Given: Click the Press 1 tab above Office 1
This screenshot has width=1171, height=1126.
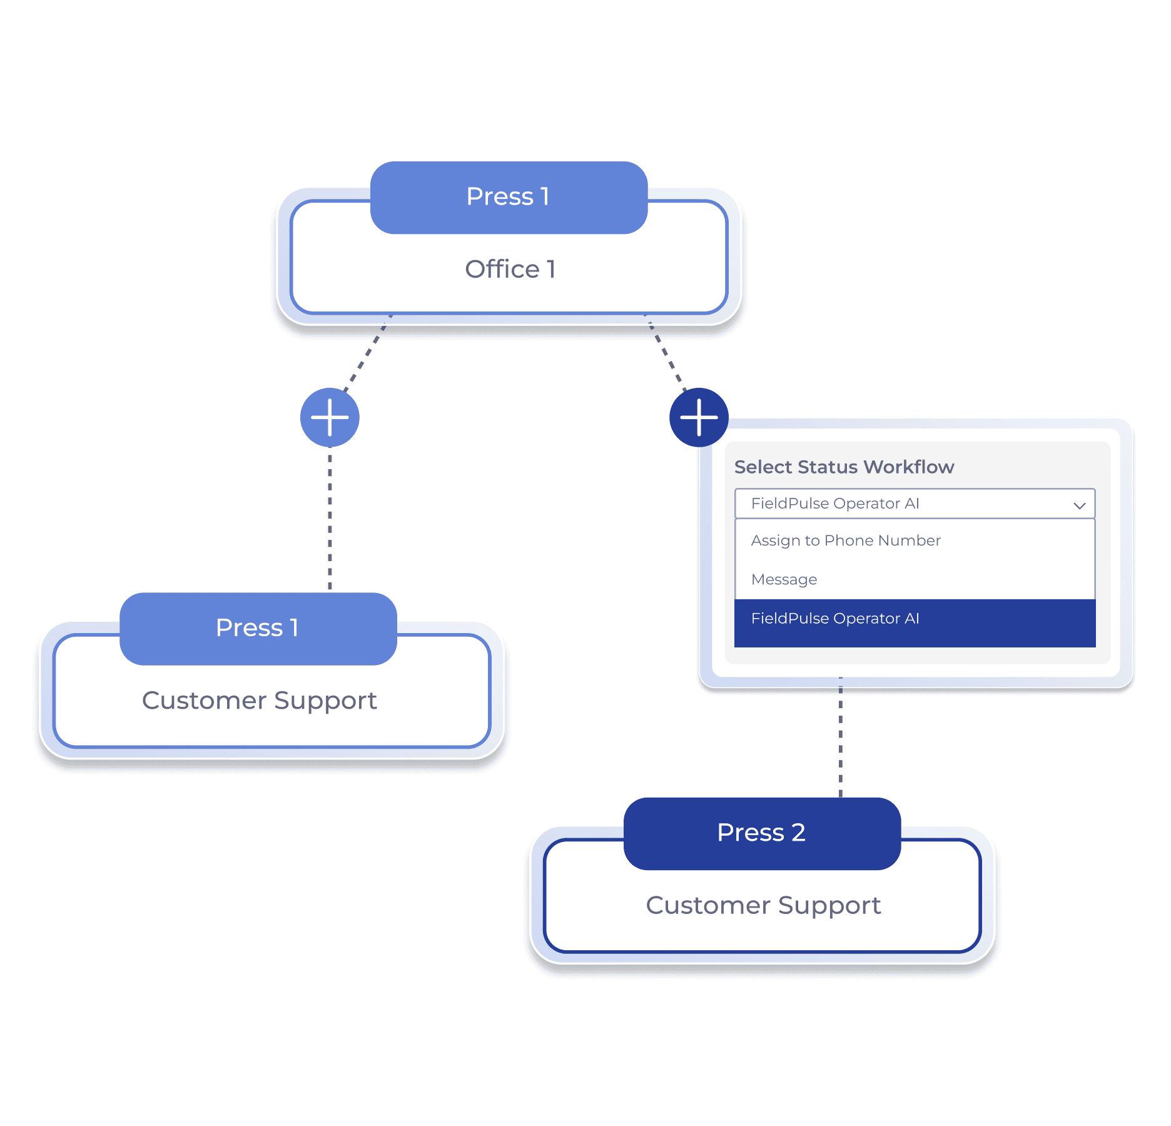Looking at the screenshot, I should pos(509,197).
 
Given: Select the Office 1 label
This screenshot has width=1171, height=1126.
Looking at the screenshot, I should pos(510,270).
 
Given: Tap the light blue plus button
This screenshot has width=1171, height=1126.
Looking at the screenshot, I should pos(330,417).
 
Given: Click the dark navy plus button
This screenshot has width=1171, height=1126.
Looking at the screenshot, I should pos(699,417).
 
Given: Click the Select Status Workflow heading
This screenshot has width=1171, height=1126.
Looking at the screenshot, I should pos(843,467).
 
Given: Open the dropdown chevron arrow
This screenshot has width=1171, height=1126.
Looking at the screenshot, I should pos(1079,505).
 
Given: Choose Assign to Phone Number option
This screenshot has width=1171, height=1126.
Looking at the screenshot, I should pos(845,540).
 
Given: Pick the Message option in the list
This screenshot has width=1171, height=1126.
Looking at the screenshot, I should pos(784,580).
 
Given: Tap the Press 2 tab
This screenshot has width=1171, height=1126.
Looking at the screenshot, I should pos(761,833).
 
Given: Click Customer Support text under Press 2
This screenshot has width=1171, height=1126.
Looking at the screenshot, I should pos(763,906).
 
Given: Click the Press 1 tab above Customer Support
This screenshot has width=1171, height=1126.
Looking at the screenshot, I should pos(258,628).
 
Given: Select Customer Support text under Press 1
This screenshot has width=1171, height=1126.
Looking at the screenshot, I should pos(259,701).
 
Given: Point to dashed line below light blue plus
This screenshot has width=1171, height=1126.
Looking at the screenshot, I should pos(330,519).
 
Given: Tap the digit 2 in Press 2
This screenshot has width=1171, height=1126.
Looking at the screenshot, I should pos(798,833).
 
